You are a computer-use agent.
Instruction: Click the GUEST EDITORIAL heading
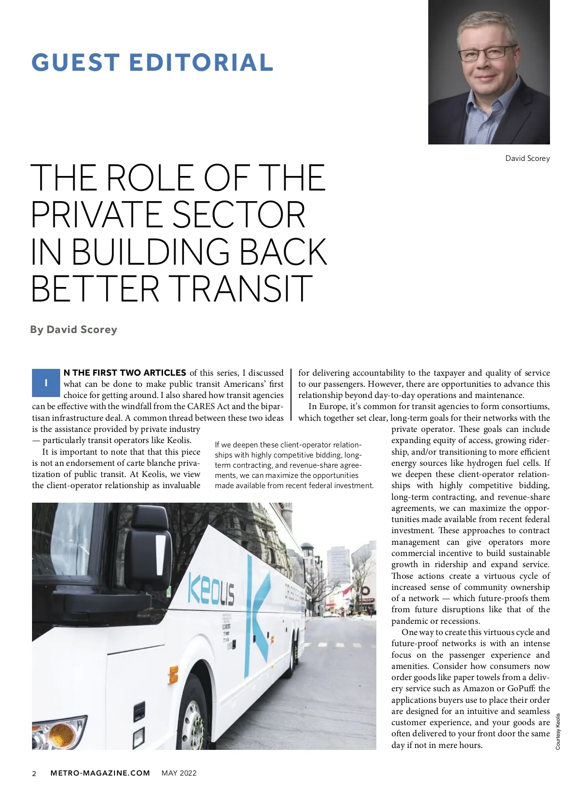(x=152, y=63)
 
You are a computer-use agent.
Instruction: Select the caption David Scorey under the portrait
(x=527, y=159)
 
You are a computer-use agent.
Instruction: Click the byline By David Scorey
(x=74, y=330)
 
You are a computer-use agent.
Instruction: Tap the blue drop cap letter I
(x=46, y=383)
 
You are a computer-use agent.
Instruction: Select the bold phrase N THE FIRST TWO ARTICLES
(x=125, y=373)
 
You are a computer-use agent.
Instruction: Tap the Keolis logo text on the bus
(x=211, y=589)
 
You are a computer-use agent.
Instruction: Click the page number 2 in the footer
(x=34, y=774)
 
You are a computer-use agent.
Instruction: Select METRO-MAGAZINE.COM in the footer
(x=100, y=773)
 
